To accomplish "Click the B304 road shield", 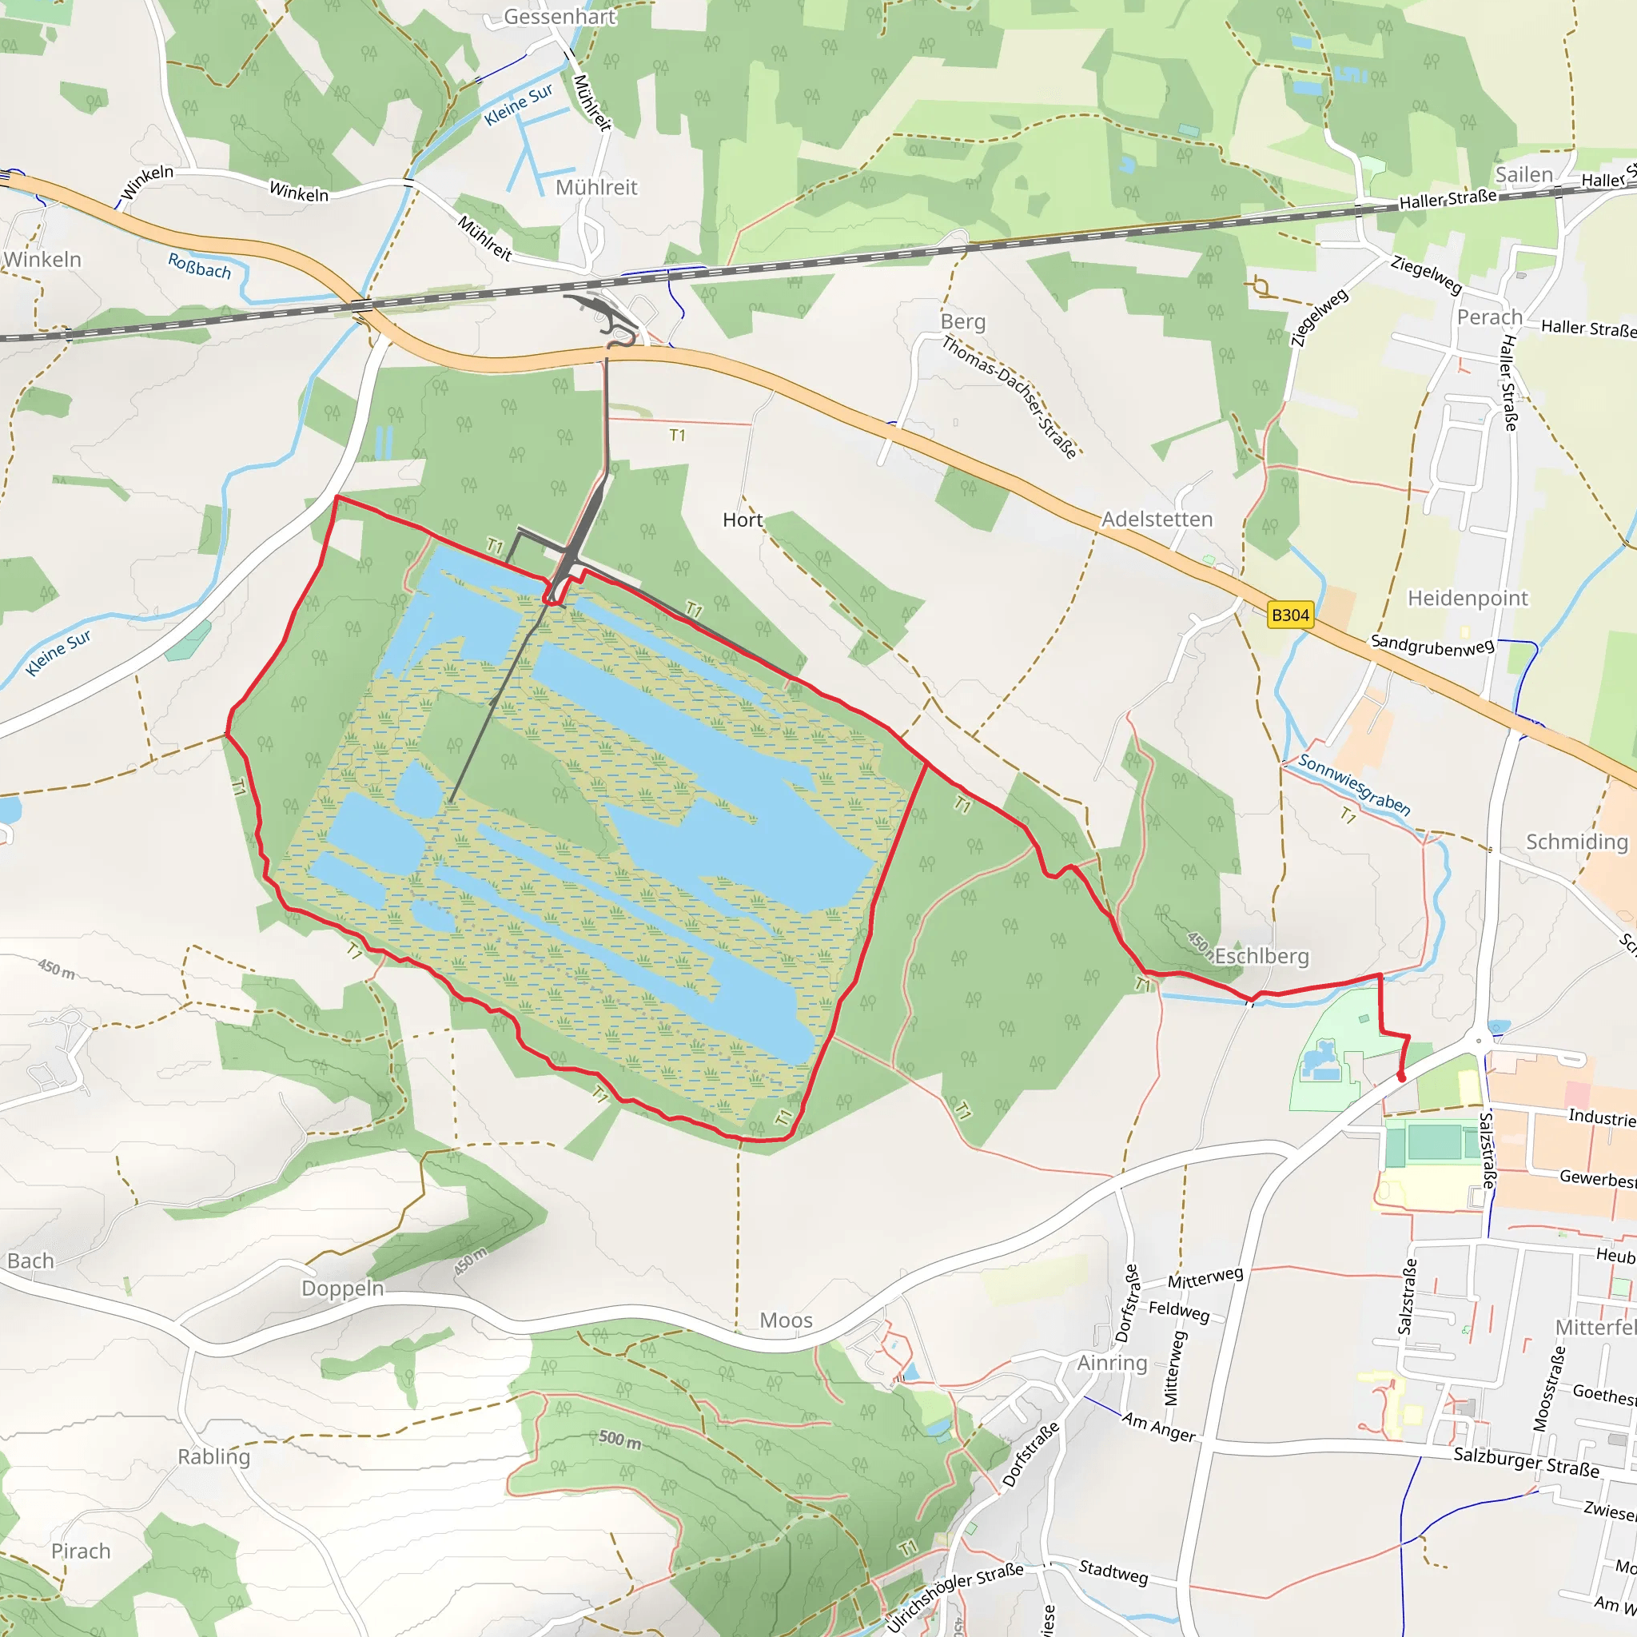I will (x=1289, y=615).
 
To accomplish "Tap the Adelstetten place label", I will (x=1157, y=520).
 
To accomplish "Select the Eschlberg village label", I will (x=1261, y=957).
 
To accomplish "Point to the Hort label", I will (x=743, y=520).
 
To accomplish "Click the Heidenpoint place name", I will (x=1468, y=599).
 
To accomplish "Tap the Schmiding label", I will (x=1577, y=842).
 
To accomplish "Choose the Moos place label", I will (x=786, y=1321).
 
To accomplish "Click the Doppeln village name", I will (x=342, y=1288).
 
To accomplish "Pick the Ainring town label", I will (x=1112, y=1364).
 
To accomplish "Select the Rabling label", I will (x=213, y=1457).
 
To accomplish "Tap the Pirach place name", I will (x=81, y=1551).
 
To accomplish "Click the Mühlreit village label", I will (x=595, y=187).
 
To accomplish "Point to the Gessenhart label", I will (x=560, y=17).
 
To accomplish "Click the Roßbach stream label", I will (x=199, y=266).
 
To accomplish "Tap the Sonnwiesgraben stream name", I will (x=1354, y=785).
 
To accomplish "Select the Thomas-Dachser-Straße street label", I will (x=1010, y=396).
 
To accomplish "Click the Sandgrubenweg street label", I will (x=1432, y=645).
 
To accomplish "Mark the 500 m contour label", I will (x=619, y=1439).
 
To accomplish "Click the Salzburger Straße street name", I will (x=1526, y=1462).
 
